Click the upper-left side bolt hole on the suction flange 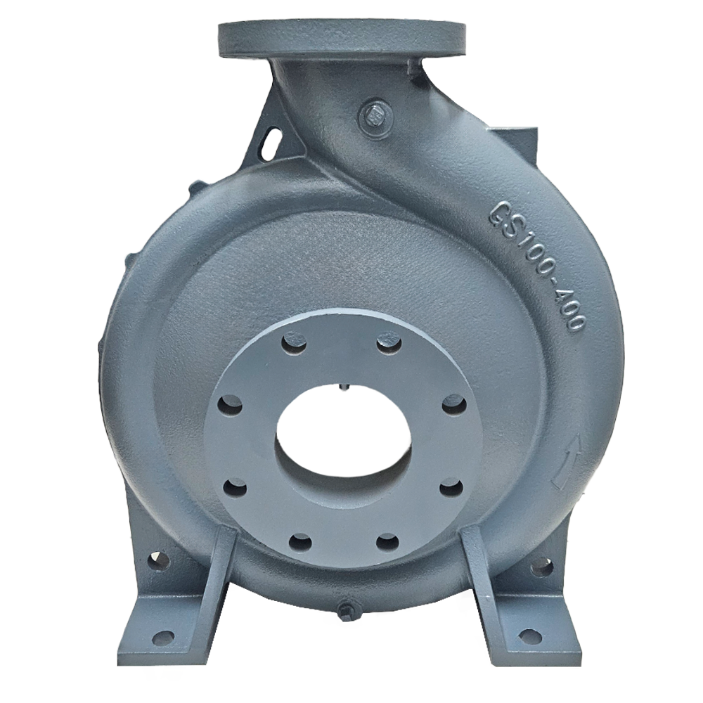[231, 405]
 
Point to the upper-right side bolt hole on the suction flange [453, 405]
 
